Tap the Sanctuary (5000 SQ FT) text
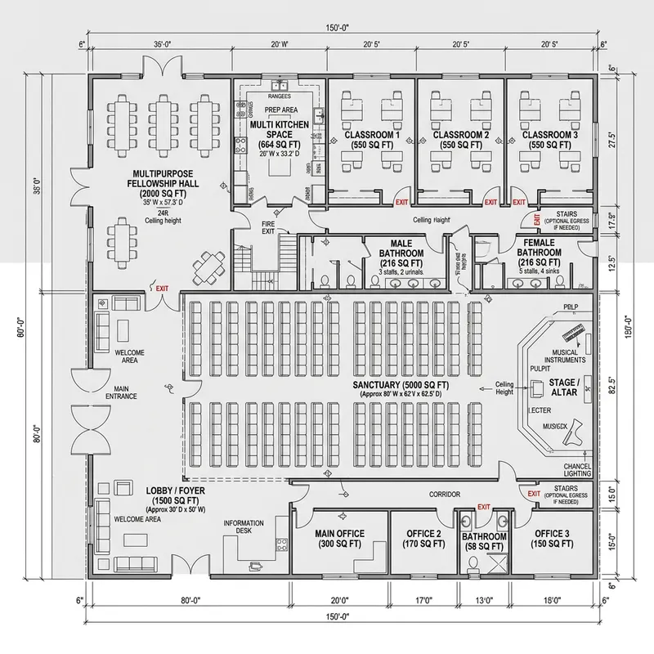398,384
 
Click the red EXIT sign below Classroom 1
401,202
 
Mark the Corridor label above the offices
446,495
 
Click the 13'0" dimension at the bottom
485,599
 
